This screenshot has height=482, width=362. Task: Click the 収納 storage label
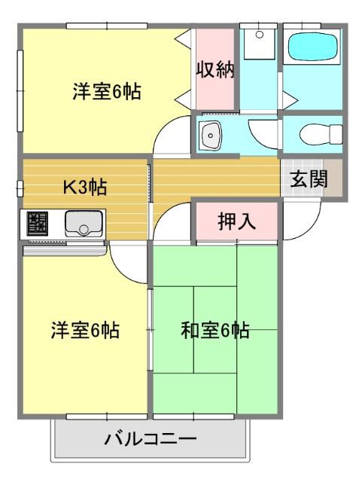[216, 70]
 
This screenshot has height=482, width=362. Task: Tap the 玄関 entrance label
[309, 180]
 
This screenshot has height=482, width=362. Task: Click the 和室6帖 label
[215, 331]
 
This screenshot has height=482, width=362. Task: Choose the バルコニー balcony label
[151, 438]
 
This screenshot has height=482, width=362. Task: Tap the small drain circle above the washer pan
[259, 33]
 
